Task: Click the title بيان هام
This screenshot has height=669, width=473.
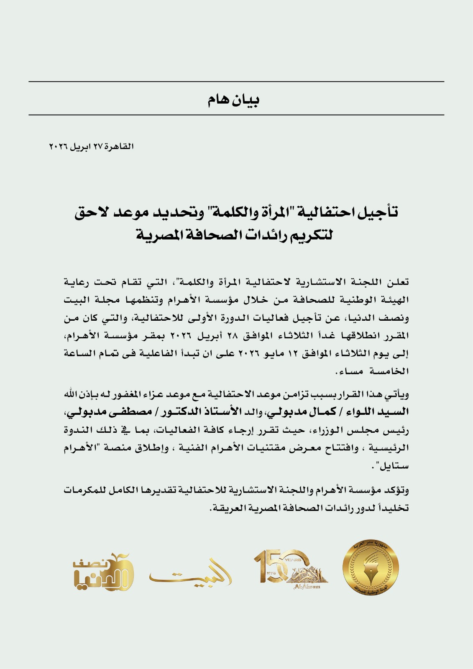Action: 233,100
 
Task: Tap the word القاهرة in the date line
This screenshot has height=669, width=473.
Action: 119,146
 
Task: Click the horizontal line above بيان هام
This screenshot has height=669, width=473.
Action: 236,82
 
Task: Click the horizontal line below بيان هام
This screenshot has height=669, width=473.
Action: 236,115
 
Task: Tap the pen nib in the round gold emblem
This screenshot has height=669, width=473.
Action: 370,567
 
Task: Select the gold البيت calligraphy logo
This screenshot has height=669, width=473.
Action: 190,573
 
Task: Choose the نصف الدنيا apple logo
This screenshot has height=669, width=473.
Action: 103,573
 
